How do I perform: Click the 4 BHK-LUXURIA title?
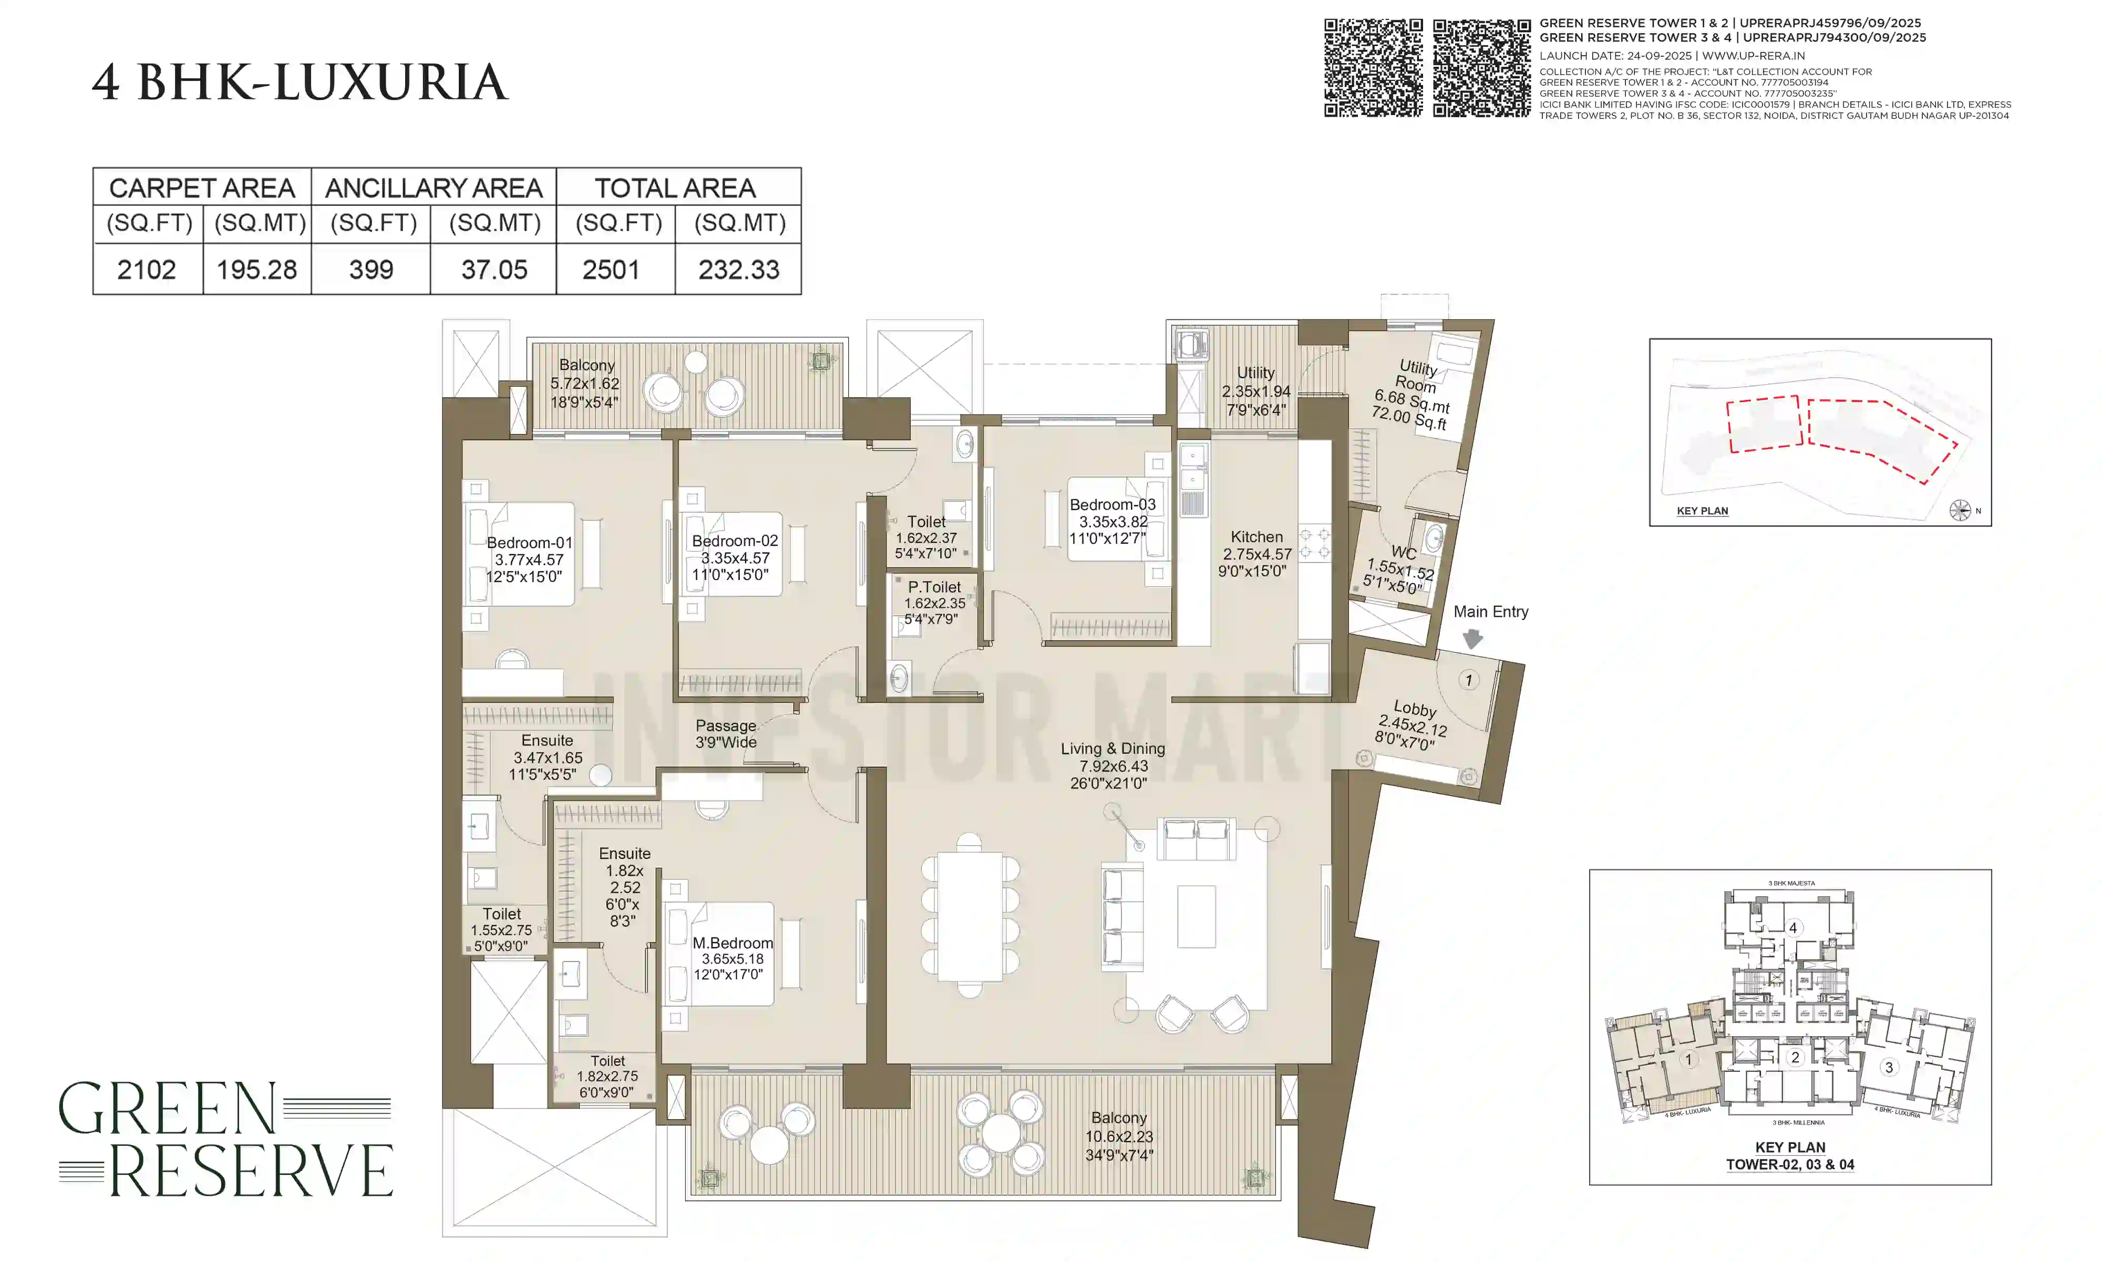pos(299,83)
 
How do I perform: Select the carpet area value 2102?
pos(146,270)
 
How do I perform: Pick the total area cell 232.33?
pos(738,270)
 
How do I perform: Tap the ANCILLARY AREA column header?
pos(434,188)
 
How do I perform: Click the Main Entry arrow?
pos(1472,639)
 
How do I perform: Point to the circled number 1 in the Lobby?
pos(1468,680)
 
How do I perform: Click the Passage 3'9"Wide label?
pos(726,733)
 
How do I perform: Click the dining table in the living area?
pos(970,915)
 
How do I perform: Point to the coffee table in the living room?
pos(1196,916)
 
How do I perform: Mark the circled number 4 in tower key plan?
pos(1792,928)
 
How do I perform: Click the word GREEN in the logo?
pos(168,1109)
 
